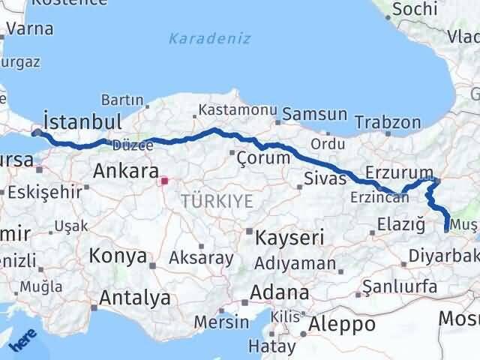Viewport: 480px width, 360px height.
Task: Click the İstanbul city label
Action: (82, 121)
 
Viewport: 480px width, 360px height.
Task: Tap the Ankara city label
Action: (124, 171)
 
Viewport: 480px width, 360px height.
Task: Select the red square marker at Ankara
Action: (163, 180)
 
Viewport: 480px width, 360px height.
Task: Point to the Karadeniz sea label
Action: (210, 38)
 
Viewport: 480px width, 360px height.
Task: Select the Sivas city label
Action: (325, 178)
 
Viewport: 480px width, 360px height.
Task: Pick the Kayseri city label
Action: (289, 238)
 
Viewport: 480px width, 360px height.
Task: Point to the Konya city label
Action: (118, 256)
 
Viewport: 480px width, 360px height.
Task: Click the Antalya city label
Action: (135, 298)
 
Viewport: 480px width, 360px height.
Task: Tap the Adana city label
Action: (280, 292)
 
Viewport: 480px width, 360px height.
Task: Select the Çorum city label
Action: (262, 158)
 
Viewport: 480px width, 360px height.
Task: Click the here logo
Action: (22, 341)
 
